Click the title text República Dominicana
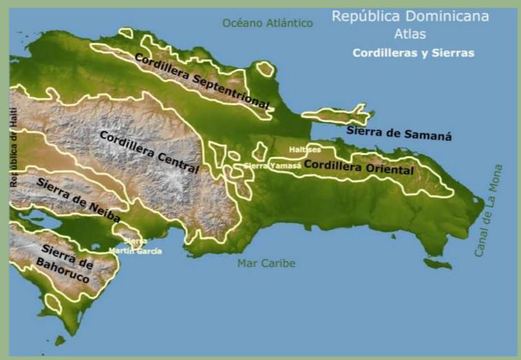tap(410, 17)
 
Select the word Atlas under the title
tap(410, 34)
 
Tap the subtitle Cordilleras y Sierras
tap(413, 52)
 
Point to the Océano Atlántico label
tap(267, 23)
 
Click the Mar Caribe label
tap(266, 263)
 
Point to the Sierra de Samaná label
tap(399, 133)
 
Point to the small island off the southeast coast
tap(438, 264)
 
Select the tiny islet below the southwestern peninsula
tap(60, 340)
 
